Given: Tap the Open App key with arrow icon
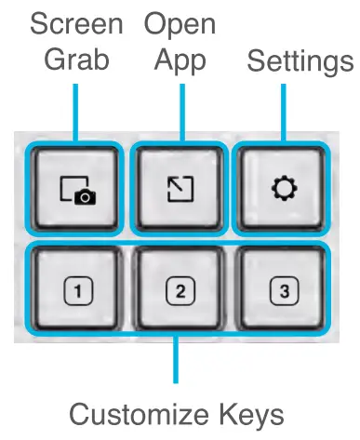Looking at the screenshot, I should coord(180,190).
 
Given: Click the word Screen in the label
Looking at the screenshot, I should coord(76,22).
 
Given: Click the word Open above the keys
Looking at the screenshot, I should coord(180,22).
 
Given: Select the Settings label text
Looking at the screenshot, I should coord(300,61).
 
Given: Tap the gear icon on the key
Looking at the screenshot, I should coord(283,190).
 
